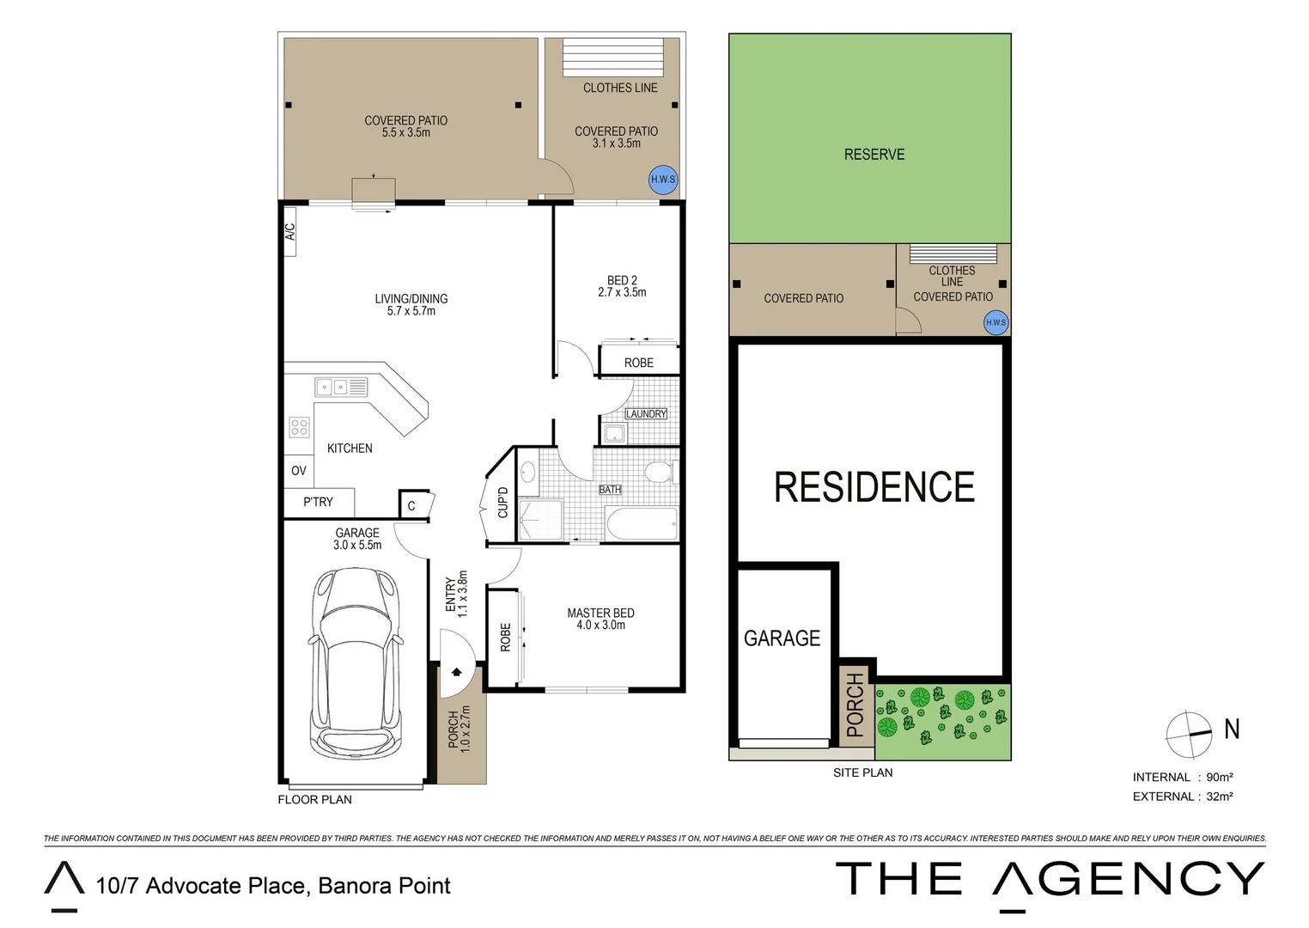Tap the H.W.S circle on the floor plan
pyautogui.click(x=662, y=180)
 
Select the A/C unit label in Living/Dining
pyautogui.click(x=289, y=232)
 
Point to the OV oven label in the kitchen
pyautogui.click(x=298, y=471)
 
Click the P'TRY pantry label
pyautogui.click(x=318, y=502)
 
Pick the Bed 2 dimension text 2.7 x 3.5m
pyautogui.click(x=622, y=292)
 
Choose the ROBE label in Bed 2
pyautogui.click(x=638, y=363)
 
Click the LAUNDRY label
pyautogui.click(x=646, y=414)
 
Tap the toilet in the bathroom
pyautogui.click(x=660, y=472)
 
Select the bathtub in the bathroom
pyautogui.click(x=641, y=522)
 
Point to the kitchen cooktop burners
pyautogui.click(x=299, y=427)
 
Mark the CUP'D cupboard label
pyautogui.click(x=503, y=502)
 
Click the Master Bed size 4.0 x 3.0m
pyautogui.click(x=600, y=625)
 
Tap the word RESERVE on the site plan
pyautogui.click(x=874, y=155)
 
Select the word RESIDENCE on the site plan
pyautogui.click(x=874, y=487)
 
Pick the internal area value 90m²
pyautogui.click(x=1220, y=777)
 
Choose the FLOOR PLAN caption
pyautogui.click(x=314, y=799)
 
